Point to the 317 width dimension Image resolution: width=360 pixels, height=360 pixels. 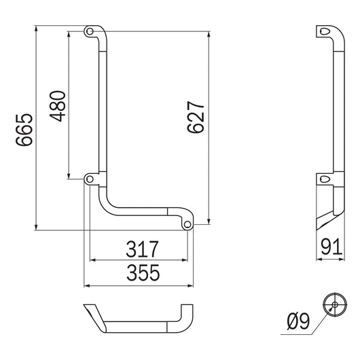pos(141,249)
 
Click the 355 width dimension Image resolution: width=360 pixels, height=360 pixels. pos(141,273)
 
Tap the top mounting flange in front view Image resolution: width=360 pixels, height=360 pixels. pos(92,32)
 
